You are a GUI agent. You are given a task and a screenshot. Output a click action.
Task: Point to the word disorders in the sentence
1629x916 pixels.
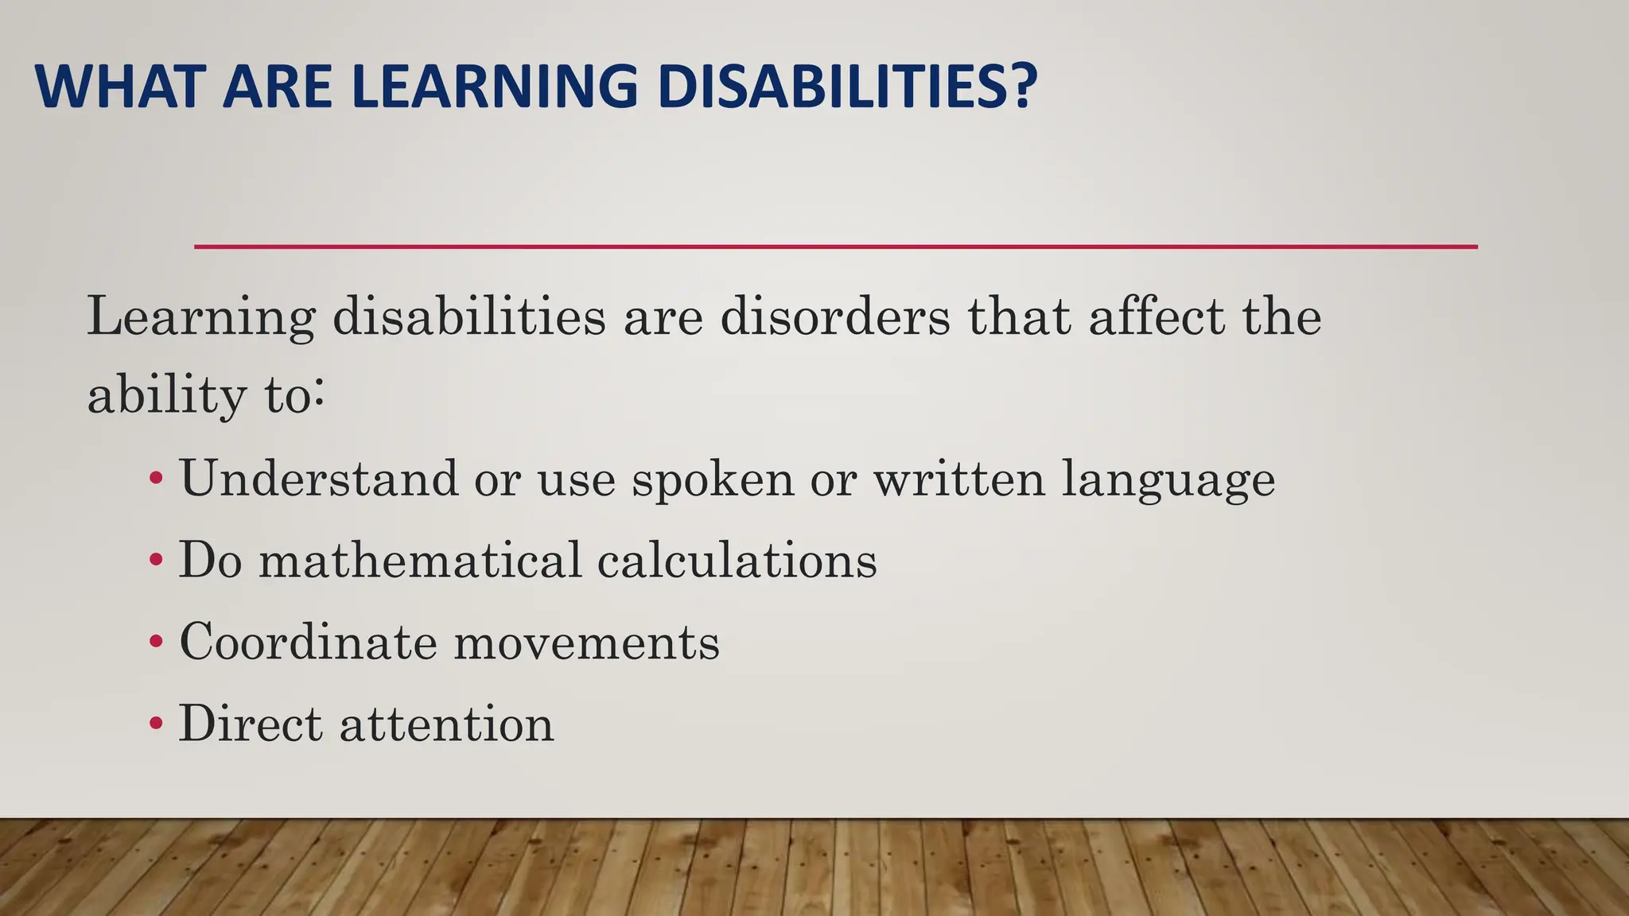834,316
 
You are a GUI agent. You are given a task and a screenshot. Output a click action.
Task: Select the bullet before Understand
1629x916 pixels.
157,479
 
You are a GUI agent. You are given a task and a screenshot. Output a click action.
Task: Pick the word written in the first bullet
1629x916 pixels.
958,479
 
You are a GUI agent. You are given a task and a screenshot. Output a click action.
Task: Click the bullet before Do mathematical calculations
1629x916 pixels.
157,561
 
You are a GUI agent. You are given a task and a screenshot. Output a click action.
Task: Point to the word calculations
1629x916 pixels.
737,560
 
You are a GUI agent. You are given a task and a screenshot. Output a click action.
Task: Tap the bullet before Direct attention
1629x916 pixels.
157,724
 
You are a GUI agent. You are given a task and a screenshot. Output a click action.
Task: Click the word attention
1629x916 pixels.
446,724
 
